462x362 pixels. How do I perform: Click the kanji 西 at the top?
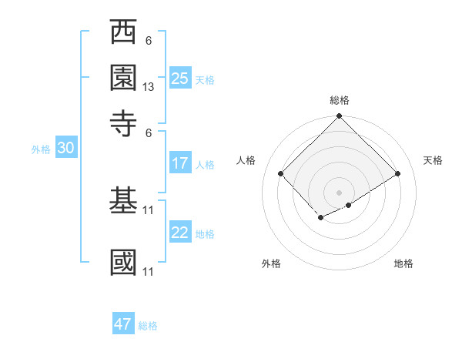pos(124,33)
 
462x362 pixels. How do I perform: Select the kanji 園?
pos(124,78)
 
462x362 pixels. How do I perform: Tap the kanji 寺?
pos(124,122)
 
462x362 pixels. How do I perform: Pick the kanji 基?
pos(124,201)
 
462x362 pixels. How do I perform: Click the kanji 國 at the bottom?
pos(124,261)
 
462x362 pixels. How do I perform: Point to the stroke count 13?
pos(149,87)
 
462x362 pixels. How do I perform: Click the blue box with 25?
pos(180,79)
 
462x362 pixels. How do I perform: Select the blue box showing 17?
pos(180,163)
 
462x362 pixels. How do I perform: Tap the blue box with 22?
pos(180,233)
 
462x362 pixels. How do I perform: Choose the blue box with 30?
pos(65,149)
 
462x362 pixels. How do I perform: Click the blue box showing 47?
pos(123,324)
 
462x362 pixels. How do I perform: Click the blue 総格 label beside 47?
pos(148,326)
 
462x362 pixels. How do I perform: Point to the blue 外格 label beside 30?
pos(41,149)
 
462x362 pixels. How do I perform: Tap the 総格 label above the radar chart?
pos(339,100)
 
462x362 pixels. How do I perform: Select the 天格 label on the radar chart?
pos(433,160)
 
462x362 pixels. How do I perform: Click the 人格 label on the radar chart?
pos(246,160)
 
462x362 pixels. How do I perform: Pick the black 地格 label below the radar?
pos(403,263)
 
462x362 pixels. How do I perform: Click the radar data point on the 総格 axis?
pos(339,118)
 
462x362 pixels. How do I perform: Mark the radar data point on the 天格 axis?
pos(398,173)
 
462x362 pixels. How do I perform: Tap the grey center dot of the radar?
pos(339,192)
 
